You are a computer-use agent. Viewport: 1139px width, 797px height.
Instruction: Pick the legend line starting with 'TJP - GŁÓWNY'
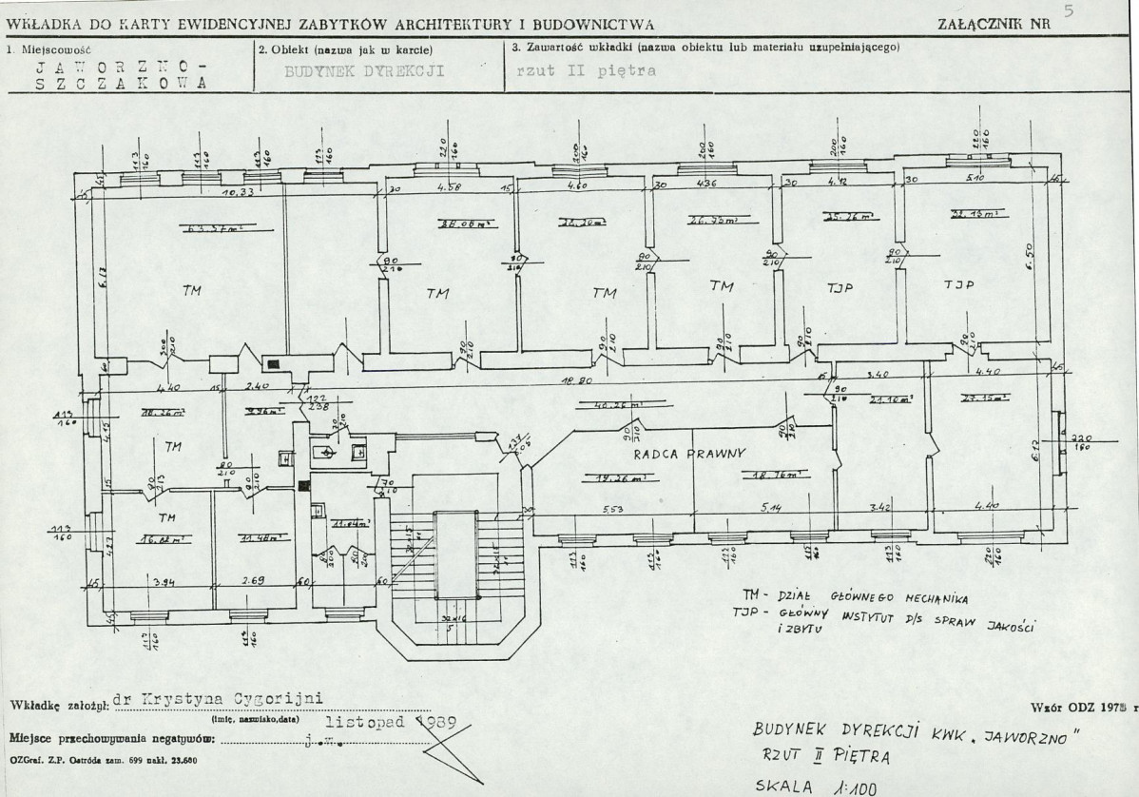(884, 621)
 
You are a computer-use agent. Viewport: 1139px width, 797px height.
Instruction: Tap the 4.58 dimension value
(449, 187)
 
